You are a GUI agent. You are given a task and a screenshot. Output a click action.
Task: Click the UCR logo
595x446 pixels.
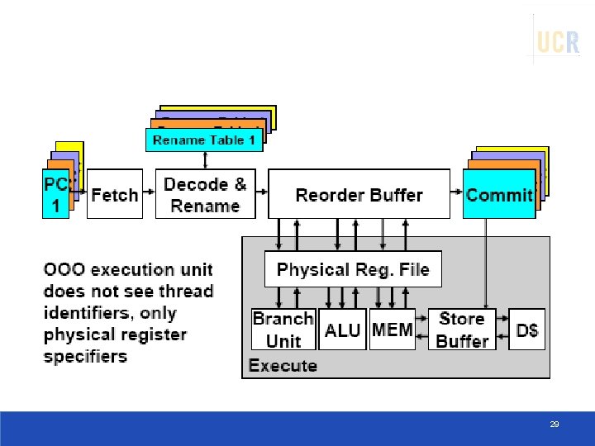point(558,41)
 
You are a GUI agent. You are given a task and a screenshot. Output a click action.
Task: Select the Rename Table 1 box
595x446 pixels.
point(205,140)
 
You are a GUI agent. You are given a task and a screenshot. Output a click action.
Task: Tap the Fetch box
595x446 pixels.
point(115,195)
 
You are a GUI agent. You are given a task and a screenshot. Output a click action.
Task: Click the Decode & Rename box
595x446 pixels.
point(205,195)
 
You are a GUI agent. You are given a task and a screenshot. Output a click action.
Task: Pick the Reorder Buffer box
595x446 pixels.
point(359,195)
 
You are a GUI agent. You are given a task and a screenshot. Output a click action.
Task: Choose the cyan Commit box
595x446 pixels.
point(499,195)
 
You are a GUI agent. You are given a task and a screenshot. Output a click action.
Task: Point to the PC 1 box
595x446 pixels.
point(55,195)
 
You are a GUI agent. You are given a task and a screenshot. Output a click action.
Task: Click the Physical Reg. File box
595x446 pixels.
point(353,269)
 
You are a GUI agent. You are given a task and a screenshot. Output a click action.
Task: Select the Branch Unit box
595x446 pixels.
point(283,330)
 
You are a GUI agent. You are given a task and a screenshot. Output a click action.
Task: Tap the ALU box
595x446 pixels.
point(342,330)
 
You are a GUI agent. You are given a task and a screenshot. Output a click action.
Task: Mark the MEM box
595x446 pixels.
point(393,330)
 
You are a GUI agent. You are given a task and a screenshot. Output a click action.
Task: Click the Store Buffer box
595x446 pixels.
point(462,330)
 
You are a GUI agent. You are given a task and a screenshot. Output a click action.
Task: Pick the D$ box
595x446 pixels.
point(527,330)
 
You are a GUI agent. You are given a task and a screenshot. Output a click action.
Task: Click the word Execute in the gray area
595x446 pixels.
point(283,365)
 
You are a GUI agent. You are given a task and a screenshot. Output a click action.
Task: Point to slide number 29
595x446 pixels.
point(555,425)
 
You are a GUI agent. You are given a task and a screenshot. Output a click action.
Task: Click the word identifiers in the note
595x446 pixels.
point(88,313)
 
